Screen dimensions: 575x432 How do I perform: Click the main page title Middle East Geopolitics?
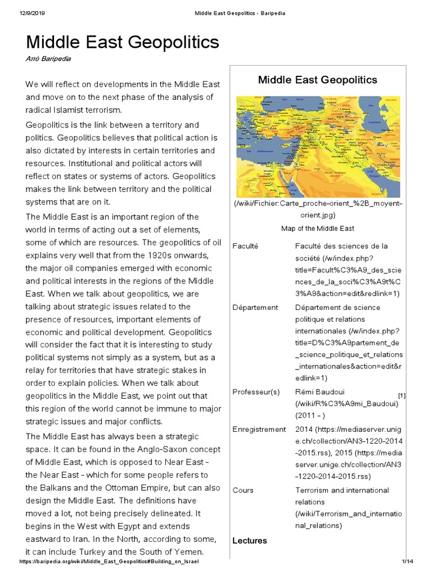(122, 43)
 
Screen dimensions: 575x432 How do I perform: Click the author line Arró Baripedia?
(48, 59)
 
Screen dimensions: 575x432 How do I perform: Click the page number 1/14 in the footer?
(407, 562)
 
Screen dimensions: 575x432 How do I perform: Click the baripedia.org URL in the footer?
(109, 562)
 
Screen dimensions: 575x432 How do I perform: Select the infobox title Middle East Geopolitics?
(317, 80)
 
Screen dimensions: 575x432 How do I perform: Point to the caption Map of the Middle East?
(317, 229)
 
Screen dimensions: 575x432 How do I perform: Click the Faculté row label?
(246, 247)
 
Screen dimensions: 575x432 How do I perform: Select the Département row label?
(255, 307)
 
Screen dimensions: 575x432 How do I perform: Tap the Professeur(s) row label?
(256, 392)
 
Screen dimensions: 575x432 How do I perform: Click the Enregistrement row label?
(259, 429)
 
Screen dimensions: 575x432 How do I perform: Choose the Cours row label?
(242, 490)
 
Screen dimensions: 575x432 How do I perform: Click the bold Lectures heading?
(249, 540)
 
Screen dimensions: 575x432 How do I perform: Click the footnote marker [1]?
(402, 395)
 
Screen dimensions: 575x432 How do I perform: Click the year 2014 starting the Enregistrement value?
(304, 429)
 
